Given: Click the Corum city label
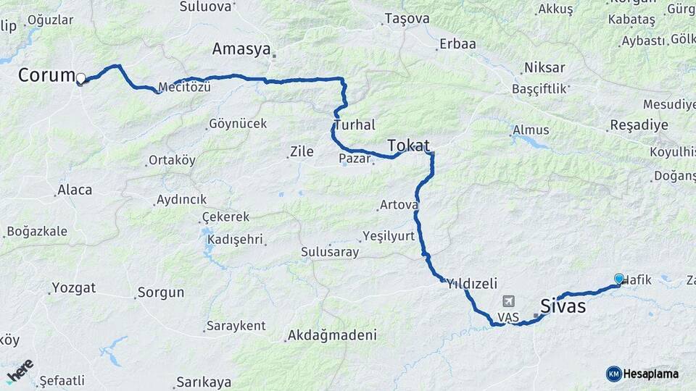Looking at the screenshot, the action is click(46, 75).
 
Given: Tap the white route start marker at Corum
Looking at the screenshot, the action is click(81, 78).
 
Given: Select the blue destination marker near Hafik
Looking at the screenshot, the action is click(618, 279).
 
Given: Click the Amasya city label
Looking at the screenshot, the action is click(241, 49).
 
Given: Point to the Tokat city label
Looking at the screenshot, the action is click(408, 145).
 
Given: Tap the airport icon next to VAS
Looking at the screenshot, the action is click(508, 301).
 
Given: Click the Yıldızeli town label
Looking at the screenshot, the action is click(472, 283).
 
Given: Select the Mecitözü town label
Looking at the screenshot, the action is click(185, 88).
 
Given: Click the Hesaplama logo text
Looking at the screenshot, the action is click(651, 374).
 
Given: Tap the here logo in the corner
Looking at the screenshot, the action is click(20, 371).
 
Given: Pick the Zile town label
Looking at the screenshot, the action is click(301, 151).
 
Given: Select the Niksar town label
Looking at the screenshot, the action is click(544, 68).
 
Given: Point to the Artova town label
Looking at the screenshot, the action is click(399, 206).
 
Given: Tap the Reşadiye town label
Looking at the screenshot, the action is click(639, 125).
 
